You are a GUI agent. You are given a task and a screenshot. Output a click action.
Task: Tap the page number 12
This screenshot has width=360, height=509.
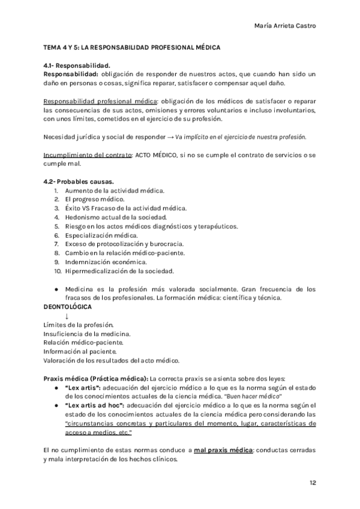coord(313,483)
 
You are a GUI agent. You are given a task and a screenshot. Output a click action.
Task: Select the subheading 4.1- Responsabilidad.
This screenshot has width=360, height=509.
coord(77,65)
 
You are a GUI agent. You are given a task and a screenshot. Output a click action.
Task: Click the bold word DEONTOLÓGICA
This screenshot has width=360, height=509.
coord(68,307)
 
